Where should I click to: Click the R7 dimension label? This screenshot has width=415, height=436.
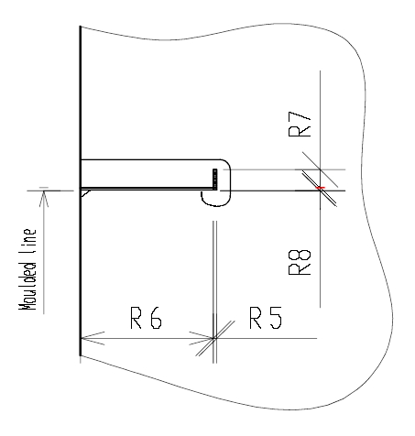pos(300,125)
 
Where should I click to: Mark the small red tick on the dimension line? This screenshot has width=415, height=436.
pos(320,189)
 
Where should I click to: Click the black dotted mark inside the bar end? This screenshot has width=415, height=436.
pos(213,178)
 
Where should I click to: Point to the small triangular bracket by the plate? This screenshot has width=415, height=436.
pos(85,193)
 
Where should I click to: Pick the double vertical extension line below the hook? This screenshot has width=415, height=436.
pos(213,266)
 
